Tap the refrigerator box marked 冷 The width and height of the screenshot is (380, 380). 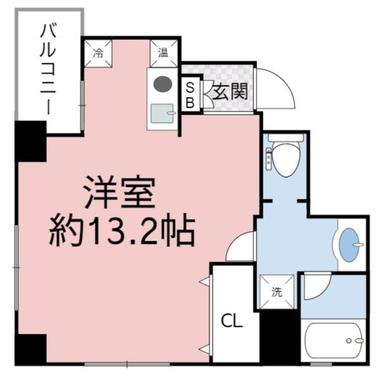pyautogui.click(x=98, y=53)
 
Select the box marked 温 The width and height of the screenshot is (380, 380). pyautogui.click(x=163, y=53)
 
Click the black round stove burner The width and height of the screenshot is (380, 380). pyautogui.click(x=163, y=83)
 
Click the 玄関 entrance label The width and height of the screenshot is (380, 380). pyautogui.click(x=229, y=93)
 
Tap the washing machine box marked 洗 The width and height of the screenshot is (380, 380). pyautogui.click(x=277, y=292)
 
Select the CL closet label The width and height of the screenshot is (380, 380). pyautogui.click(x=232, y=322)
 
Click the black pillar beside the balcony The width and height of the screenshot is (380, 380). pyautogui.click(x=30, y=141)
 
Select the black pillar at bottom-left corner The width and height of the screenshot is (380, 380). pyautogui.click(x=30, y=349)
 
